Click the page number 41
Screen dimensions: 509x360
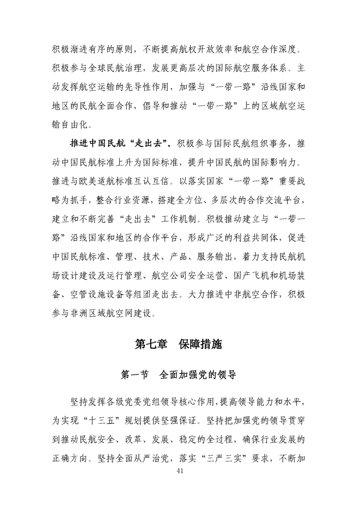[180, 484]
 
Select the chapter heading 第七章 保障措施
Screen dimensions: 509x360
[180, 344]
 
